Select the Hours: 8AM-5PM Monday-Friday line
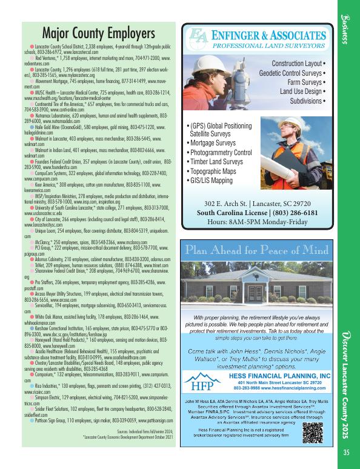click(x=258, y=224)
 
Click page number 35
click(x=346, y=451)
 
